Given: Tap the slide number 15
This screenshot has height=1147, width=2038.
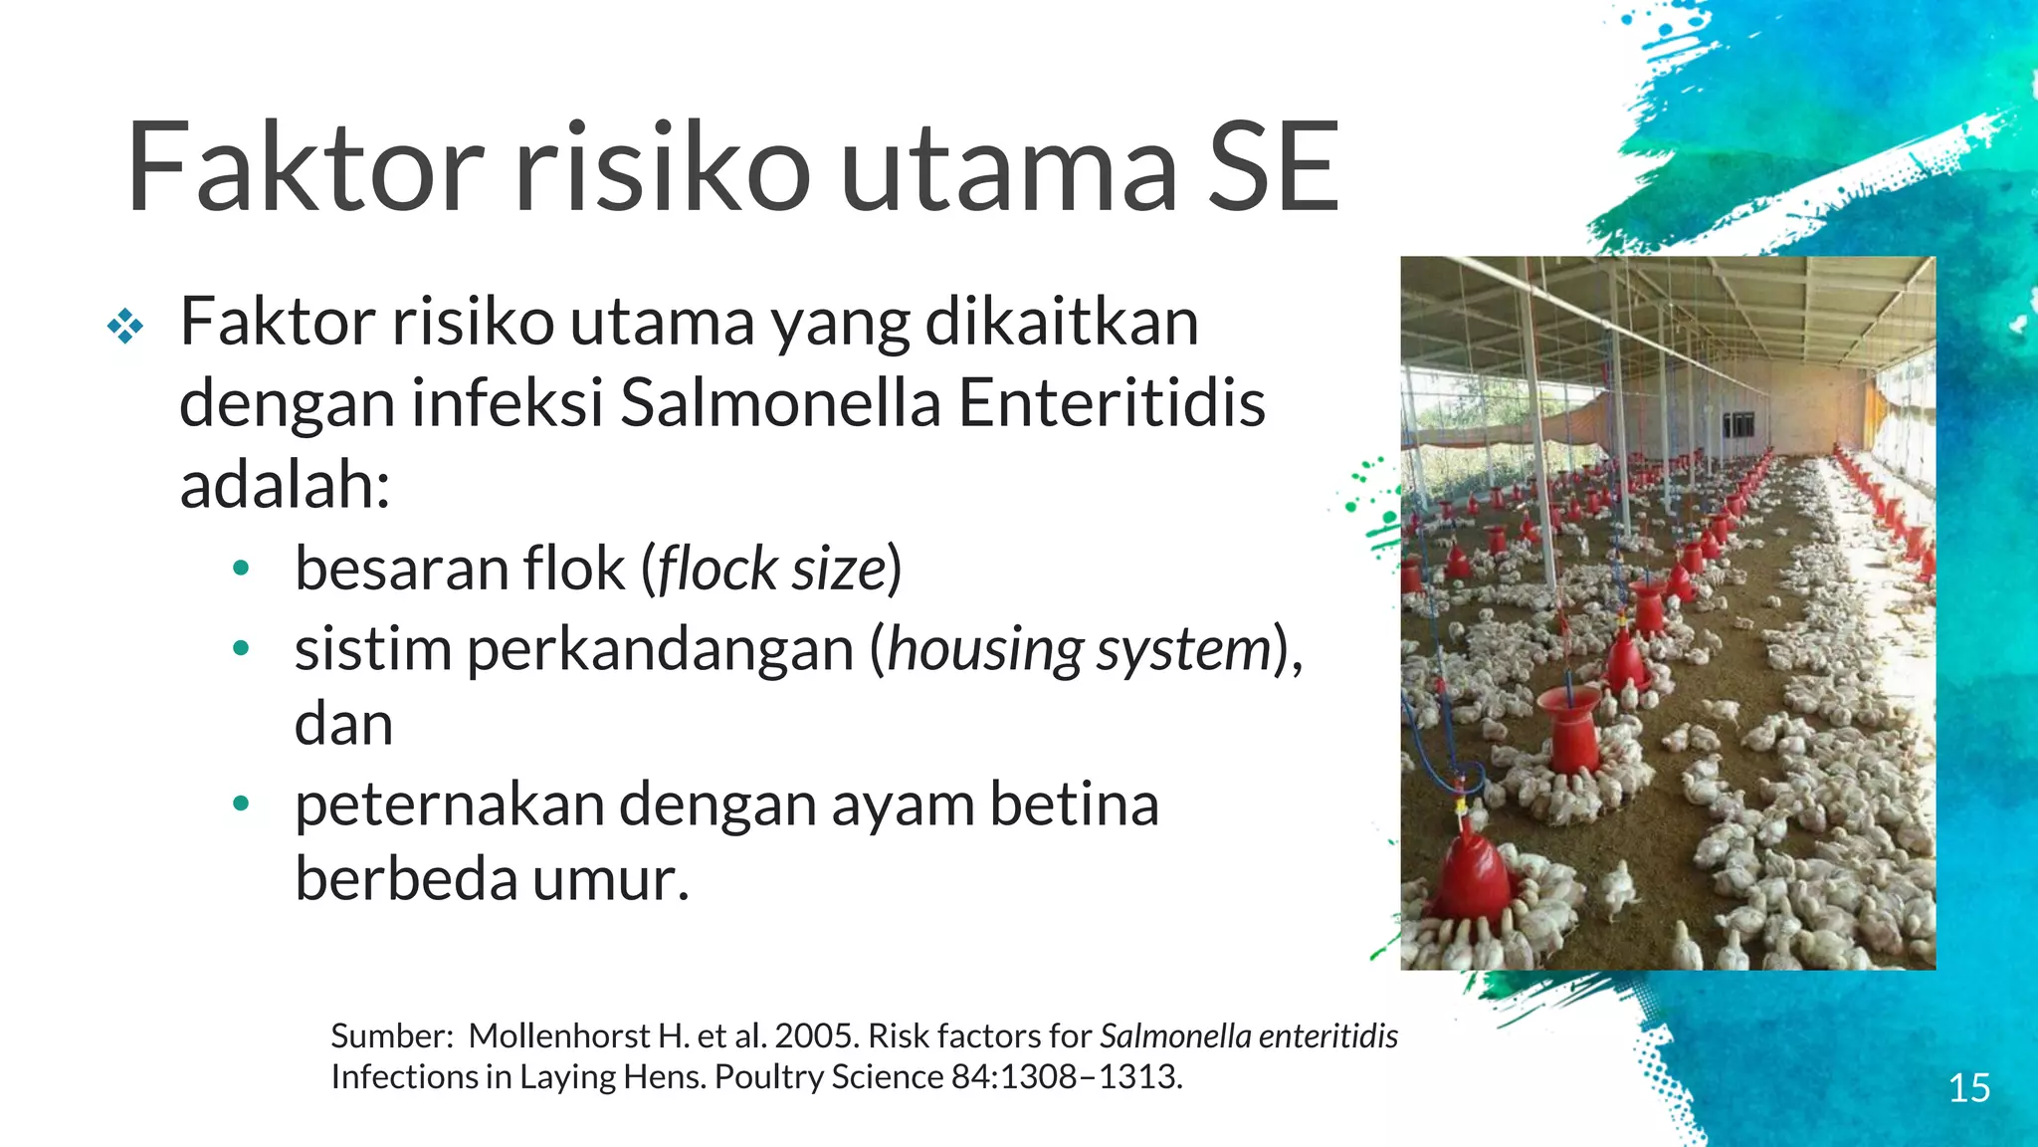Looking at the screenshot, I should tap(1968, 1088).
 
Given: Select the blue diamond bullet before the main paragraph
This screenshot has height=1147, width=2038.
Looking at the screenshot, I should tap(125, 326).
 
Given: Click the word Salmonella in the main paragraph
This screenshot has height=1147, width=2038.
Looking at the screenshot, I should tap(780, 404).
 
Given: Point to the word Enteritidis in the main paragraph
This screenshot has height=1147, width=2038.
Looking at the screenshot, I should tap(1111, 404).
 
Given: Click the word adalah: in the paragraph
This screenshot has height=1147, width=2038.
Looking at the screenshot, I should tap(285, 486).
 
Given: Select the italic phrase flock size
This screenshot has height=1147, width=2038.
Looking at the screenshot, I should tap(771, 570).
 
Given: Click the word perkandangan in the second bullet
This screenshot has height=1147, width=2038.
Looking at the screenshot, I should tap(660, 650).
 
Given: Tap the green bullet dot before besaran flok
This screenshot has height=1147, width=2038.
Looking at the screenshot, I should tap(240, 570).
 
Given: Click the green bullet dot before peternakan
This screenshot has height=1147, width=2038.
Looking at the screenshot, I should tap(240, 803).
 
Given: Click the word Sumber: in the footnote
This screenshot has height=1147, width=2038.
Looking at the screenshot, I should tap(392, 1036).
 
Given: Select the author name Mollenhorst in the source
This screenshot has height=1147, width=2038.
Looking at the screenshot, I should tap(559, 1036).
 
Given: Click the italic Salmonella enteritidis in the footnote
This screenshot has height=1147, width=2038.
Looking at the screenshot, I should tap(1249, 1036).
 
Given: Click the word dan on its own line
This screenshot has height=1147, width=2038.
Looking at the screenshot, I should tap(343, 725).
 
